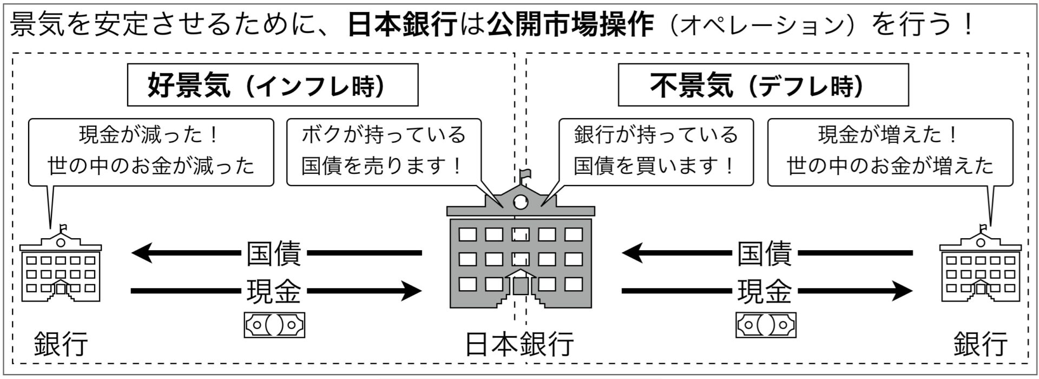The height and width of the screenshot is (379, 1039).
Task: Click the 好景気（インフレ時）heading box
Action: [x=272, y=85]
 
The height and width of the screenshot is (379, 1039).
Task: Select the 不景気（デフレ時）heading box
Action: [x=763, y=85]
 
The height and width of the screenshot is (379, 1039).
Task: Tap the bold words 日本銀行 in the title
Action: [x=402, y=24]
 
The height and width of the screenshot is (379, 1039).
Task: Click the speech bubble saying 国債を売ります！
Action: [x=383, y=152]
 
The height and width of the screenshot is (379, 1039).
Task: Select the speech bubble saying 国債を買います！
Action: [x=655, y=152]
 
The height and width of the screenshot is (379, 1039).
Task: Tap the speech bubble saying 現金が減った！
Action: [x=150, y=152]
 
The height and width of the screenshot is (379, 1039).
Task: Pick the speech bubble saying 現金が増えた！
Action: [x=890, y=152]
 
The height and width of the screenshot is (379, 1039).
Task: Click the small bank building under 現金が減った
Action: [x=61, y=268]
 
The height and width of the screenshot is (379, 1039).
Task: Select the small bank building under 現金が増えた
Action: [x=980, y=268]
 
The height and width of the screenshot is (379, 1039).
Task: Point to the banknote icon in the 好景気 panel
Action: [x=274, y=325]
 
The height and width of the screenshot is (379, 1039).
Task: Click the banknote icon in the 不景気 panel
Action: [x=765, y=325]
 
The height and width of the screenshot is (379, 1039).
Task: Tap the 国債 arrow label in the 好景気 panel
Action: [x=274, y=253]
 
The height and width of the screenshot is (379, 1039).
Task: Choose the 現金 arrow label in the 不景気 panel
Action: [x=764, y=291]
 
